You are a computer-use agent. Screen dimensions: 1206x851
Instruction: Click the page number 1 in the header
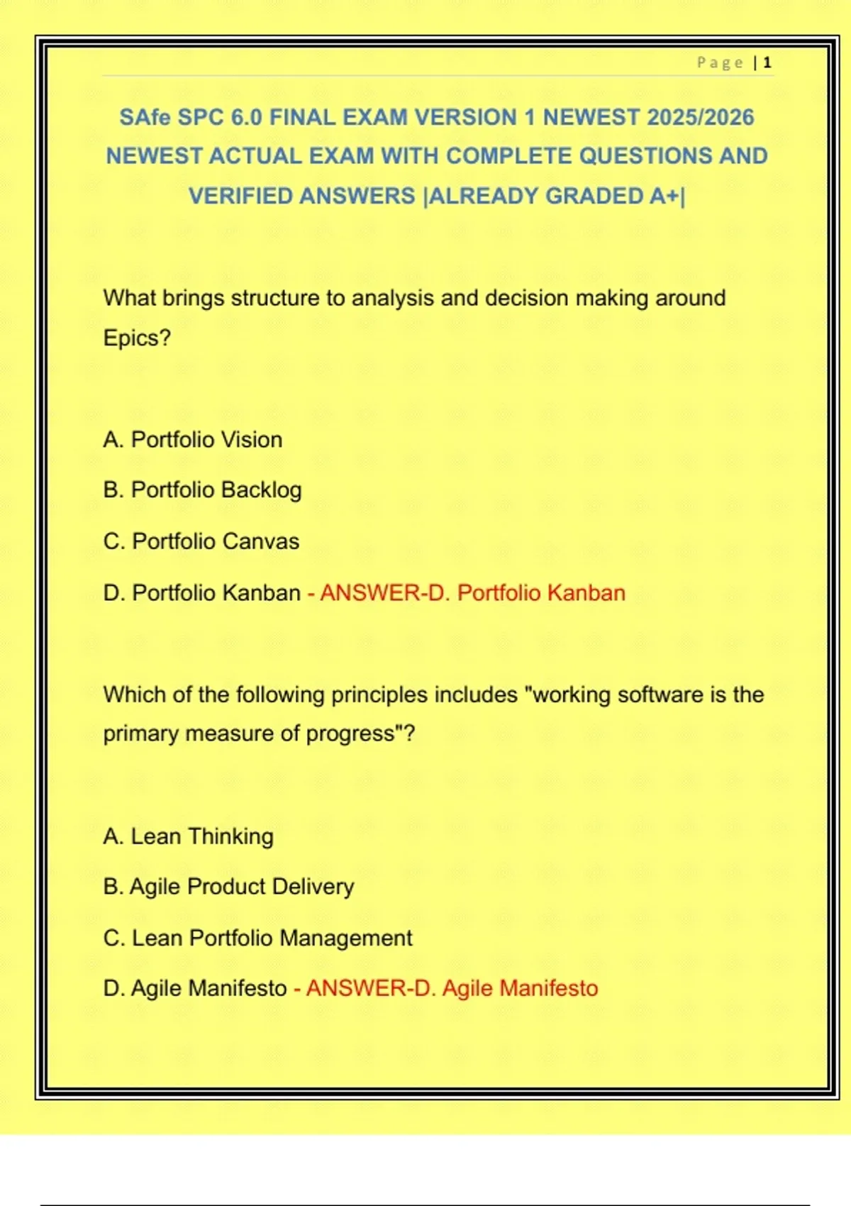(767, 63)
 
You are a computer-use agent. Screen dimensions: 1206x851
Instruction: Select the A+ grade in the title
(664, 196)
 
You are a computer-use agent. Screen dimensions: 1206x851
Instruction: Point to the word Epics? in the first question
(137, 338)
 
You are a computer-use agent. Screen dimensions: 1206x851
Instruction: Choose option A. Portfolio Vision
(193, 440)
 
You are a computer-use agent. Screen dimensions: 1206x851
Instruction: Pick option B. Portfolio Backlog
(202, 490)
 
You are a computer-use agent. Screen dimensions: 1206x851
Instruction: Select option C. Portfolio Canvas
(201, 541)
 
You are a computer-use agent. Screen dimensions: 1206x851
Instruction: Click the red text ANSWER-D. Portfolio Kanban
(472, 592)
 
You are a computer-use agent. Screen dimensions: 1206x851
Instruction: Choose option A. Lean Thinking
(188, 836)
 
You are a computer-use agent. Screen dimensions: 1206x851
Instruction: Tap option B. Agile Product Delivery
(228, 887)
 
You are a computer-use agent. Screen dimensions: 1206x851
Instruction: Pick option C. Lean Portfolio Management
(257, 938)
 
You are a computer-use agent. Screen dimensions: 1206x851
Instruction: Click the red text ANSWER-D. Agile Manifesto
(452, 988)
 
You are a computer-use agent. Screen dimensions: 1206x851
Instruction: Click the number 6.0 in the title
(247, 117)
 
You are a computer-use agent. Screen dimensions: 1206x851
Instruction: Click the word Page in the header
(720, 63)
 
